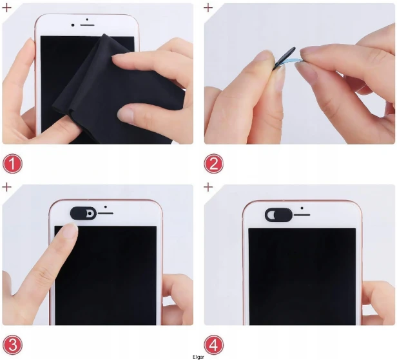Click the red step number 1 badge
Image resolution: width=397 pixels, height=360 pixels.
[x=12, y=164]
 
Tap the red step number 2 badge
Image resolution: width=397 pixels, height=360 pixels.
[x=214, y=164]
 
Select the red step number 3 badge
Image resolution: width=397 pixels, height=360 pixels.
[x=12, y=345]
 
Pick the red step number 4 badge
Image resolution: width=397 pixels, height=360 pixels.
[x=214, y=345]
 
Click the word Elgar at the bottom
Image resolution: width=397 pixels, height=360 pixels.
[x=198, y=357]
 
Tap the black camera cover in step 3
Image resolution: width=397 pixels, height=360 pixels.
[x=83, y=213]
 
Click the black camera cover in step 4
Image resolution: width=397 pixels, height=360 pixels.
[x=278, y=215]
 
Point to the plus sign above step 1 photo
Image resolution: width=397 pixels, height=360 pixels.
[x=6, y=8]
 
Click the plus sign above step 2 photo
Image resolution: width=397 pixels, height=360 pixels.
[x=208, y=8]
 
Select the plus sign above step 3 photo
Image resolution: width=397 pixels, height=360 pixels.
[x=6, y=187]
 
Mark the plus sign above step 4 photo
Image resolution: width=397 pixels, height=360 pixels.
[x=208, y=187]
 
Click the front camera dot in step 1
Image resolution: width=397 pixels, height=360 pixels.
[x=73, y=25]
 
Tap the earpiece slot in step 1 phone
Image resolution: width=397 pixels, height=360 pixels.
[x=88, y=25]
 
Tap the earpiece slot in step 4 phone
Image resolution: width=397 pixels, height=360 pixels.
[x=302, y=215]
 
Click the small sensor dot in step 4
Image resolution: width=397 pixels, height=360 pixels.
[x=302, y=208]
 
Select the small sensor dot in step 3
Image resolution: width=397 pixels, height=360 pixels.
[x=105, y=207]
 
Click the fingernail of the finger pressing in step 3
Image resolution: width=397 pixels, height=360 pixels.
[x=71, y=230]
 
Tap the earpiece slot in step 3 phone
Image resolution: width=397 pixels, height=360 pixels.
[x=105, y=214]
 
